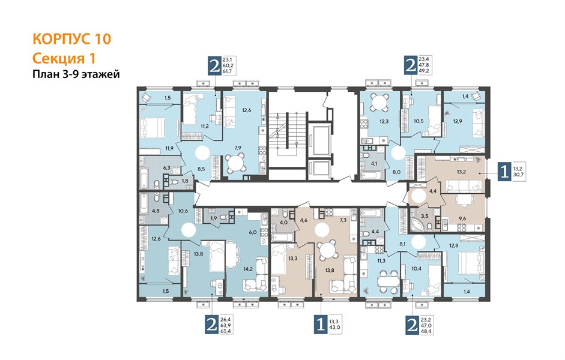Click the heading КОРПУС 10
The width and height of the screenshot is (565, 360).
(x=71, y=39)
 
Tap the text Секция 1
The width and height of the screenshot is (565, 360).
(x=64, y=58)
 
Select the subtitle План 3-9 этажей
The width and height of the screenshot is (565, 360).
(x=76, y=74)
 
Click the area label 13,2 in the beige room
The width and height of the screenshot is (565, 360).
(x=461, y=172)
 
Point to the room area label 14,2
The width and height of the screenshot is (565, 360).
(x=247, y=268)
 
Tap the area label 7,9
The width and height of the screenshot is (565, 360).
(x=237, y=148)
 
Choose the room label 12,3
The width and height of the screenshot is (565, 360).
(x=384, y=121)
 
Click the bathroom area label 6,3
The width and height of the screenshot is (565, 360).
(x=166, y=167)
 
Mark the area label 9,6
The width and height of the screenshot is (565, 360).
(x=462, y=218)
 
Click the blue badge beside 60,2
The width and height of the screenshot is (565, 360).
(x=214, y=67)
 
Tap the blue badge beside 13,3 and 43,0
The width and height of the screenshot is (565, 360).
(x=321, y=325)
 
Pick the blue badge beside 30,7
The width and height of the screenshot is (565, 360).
(x=504, y=171)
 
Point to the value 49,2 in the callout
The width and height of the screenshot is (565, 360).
(x=424, y=71)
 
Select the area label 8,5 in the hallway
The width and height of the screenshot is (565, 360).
(x=201, y=169)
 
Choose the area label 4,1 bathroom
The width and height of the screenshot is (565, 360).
(x=374, y=163)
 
